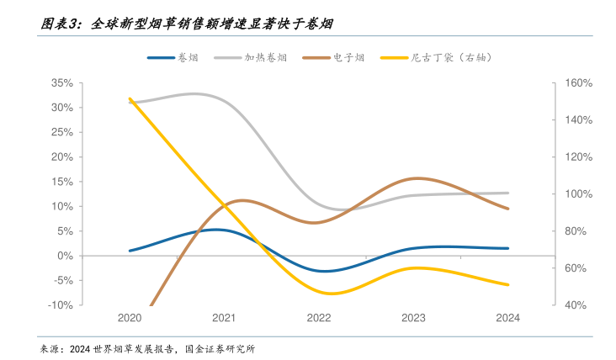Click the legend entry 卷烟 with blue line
tap(173, 57)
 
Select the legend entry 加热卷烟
tap(251, 57)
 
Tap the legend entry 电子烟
tap(336, 57)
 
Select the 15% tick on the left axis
tap(63, 182)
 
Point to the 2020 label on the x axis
tap(130, 318)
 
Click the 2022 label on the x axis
tap(319, 318)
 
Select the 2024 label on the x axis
tap(507, 318)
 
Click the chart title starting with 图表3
tap(186, 24)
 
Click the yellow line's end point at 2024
tap(507, 284)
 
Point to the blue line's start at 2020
tap(130, 251)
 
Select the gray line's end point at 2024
tap(507, 193)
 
